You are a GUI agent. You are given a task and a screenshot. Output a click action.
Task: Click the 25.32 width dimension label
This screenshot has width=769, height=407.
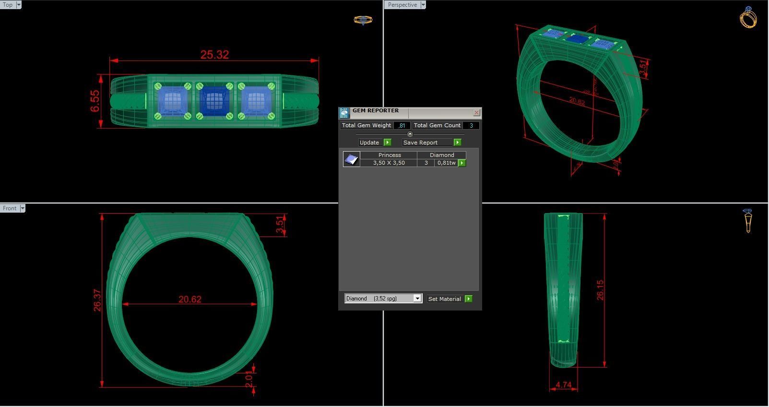[x=214, y=55]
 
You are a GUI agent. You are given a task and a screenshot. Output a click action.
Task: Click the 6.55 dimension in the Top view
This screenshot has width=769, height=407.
[x=95, y=101]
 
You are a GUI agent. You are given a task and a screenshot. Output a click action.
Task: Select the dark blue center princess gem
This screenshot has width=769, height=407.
[x=214, y=101]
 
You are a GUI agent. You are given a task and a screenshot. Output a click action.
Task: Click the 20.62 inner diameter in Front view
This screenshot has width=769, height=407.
[x=190, y=299]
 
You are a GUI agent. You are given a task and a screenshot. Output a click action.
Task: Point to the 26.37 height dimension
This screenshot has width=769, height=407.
[x=97, y=300]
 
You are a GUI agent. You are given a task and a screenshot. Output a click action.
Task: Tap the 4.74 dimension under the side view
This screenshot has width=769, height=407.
[x=564, y=385]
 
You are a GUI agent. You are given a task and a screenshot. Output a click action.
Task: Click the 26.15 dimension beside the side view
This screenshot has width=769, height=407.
[x=600, y=290]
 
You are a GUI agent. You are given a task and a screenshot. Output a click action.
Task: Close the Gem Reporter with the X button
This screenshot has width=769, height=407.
[x=476, y=112]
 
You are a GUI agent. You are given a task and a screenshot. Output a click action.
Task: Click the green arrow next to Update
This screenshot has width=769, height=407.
[x=388, y=143]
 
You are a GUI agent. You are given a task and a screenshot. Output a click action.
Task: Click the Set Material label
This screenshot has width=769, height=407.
[x=444, y=299]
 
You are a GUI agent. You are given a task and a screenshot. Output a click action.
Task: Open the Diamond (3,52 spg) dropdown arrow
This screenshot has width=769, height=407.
[x=417, y=299]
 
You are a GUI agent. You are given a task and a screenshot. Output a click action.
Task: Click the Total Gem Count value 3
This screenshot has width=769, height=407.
[x=471, y=126]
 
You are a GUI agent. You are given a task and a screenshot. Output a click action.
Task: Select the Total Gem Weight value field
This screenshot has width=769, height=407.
[x=402, y=126]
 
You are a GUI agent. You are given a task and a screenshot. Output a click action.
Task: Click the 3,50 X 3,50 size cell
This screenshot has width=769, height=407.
[x=389, y=163]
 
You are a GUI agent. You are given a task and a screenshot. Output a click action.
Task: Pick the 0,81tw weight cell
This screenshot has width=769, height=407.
[x=446, y=163]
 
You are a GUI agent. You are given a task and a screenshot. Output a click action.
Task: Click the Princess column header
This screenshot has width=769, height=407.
[x=389, y=155]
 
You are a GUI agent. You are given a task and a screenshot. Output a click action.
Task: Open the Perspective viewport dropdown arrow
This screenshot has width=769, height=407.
[x=423, y=5]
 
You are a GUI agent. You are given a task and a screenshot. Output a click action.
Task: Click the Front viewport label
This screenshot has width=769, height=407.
[x=9, y=208]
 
